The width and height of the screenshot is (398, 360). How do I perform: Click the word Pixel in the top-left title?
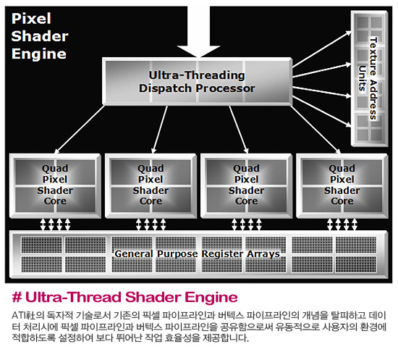(31, 19)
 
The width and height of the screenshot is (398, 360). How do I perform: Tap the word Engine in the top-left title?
(39, 54)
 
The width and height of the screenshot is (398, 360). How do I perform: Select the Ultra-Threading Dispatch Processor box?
(197, 81)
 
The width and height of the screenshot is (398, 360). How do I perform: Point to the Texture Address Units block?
(369, 78)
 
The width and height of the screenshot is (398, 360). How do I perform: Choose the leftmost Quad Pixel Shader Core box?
(55, 185)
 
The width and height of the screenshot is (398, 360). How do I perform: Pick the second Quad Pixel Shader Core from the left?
(151, 185)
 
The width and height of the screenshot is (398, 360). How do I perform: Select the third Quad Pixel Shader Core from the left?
(247, 185)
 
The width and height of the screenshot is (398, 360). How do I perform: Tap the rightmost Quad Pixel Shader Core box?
(342, 185)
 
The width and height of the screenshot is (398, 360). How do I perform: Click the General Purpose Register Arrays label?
(198, 254)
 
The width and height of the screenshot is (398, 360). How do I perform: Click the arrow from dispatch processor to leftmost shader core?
(80, 130)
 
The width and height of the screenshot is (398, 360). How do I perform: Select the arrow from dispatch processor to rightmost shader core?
(315, 130)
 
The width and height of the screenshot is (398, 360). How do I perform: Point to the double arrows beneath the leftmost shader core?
(55, 225)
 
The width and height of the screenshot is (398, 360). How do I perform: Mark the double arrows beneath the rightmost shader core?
(342, 225)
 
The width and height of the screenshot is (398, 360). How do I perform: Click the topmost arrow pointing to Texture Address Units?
(322, 49)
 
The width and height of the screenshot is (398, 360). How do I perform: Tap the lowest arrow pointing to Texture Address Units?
(322, 112)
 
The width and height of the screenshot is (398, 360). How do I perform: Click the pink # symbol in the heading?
(17, 297)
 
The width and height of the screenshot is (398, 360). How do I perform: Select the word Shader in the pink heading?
(153, 297)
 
